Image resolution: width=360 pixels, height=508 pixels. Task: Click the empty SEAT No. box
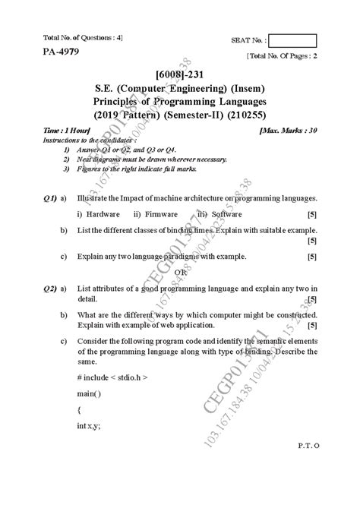coord(294,42)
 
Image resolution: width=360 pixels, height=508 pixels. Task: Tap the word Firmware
coord(160,214)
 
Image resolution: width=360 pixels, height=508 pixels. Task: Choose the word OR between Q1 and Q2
coord(181,272)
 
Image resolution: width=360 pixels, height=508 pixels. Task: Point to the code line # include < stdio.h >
coord(112,377)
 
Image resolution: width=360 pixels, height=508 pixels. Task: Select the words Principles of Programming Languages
coord(180,102)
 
